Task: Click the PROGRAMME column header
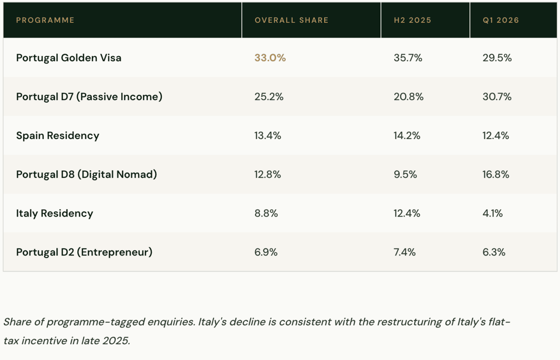click(45, 20)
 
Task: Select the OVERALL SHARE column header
click(292, 20)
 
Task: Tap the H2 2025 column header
click(413, 20)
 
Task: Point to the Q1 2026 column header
click(501, 20)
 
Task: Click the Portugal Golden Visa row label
click(69, 58)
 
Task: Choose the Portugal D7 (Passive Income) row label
click(89, 97)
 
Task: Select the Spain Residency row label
click(58, 135)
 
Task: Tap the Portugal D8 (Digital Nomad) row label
click(86, 174)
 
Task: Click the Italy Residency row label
click(55, 213)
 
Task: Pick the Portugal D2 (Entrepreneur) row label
click(84, 252)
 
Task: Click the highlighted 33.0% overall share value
click(270, 58)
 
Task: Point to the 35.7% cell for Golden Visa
click(408, 58)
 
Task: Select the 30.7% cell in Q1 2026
click(497, 97)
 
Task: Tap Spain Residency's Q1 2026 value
click(496, 135)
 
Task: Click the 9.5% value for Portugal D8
click(405, 174)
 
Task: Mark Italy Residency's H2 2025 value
click(407, 213)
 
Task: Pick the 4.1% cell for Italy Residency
click(492, 213)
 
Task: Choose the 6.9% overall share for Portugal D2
click(266, 252)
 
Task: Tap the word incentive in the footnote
click(44, 341)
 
